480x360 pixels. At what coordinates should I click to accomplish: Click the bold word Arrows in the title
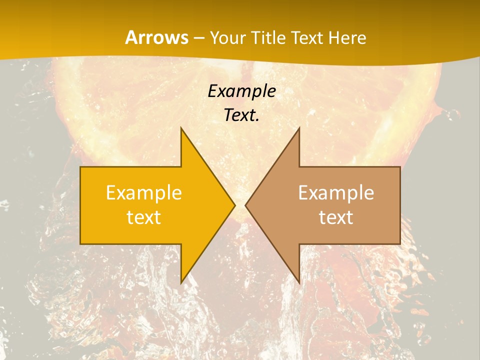[x=156, y=37]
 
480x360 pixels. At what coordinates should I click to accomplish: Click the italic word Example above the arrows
[x=241, y=91]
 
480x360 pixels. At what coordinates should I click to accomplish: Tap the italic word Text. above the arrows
[x=241, y=115]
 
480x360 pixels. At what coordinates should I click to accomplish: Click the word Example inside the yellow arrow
[x=144, y=192]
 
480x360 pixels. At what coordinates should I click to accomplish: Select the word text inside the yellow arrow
[x=144, y=217]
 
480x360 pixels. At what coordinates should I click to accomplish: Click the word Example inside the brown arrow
[x=336, y=192]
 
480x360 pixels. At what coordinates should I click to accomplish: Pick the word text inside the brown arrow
[x=336, y=217]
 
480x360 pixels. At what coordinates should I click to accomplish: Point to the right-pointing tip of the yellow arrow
[x=235, y=205]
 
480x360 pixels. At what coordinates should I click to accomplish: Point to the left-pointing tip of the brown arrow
[x=245, y=205]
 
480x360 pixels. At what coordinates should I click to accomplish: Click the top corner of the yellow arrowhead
[x=181, y=127]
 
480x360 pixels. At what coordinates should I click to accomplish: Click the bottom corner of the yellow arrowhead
[x=181, y=283]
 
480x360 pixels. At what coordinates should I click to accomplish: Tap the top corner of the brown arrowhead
[x=299, y=127]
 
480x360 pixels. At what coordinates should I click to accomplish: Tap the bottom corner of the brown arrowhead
[x=299, y=283]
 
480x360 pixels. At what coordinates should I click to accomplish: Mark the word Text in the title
[x=307, y=37]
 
